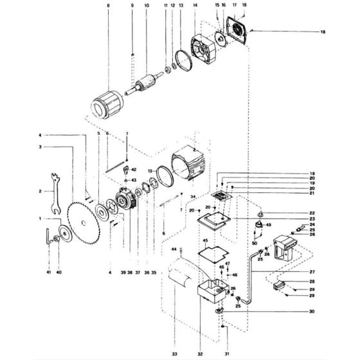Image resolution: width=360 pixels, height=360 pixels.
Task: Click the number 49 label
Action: click(x=268, y=225)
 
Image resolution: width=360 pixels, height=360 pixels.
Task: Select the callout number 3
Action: click(x=40, y=147)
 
